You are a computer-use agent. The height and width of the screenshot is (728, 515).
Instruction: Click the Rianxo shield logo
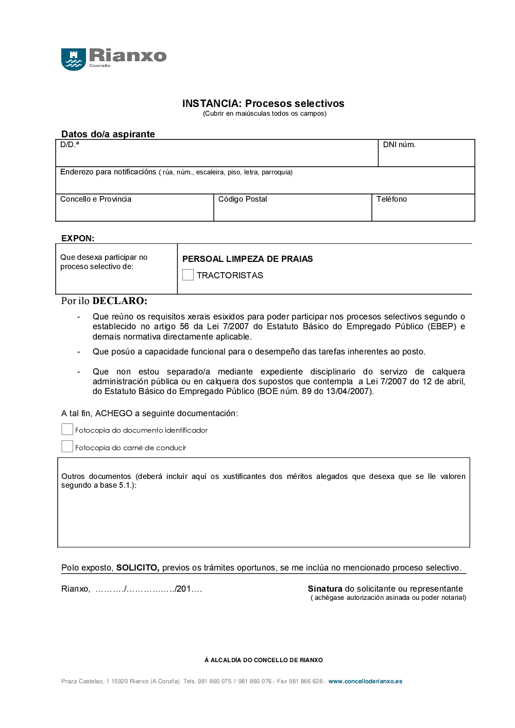(x=73, y=59)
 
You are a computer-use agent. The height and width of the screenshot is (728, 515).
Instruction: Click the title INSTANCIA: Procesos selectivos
(x=263, y=103)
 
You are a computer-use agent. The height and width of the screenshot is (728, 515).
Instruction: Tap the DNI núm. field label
(x=399, y=145)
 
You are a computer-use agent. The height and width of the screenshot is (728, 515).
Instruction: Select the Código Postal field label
(x=243, y=199)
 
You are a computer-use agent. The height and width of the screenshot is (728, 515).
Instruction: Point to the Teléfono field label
(x=391, y=199)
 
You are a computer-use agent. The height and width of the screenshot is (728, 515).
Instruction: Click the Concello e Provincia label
(x=96, y=199)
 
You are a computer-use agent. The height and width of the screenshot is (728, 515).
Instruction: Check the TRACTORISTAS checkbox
(x=188, y=275)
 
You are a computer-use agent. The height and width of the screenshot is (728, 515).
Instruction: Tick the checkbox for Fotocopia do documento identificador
(x=67, y=430)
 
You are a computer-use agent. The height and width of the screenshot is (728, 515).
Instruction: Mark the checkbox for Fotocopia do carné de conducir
(x=67, y=447)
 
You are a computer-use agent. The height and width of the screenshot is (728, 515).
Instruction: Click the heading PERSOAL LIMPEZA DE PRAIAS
(x=248, y=259)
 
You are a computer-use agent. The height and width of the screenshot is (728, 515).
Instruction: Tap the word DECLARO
(x=120, y=301)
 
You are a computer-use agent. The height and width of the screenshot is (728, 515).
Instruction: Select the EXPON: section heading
(x=78, y=238)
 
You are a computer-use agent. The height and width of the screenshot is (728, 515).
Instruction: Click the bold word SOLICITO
(x=138, y=567)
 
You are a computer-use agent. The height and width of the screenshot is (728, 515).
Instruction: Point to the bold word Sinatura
(x=325, y=589)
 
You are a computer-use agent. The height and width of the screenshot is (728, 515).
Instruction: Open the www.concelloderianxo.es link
(x=365, y=681)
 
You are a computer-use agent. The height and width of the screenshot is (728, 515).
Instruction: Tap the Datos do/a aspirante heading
(x=108, y=134)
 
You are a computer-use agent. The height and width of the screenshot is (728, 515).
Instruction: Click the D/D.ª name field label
(x=70, y=145)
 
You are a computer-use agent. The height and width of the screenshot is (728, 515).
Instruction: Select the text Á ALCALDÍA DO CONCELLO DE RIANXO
(x=264, y=660)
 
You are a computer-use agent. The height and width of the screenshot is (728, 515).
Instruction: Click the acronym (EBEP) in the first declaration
(x=442, y=326)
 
